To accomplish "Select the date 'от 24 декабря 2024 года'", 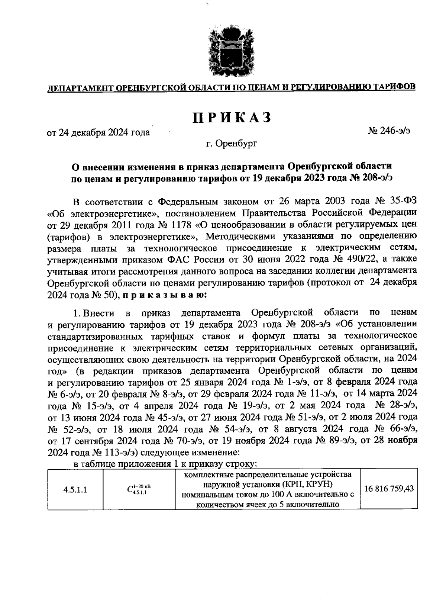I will [x=98, y=132].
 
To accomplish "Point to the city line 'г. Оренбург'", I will [x=232, y=143].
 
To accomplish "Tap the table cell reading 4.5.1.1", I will [x=75, y=489].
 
